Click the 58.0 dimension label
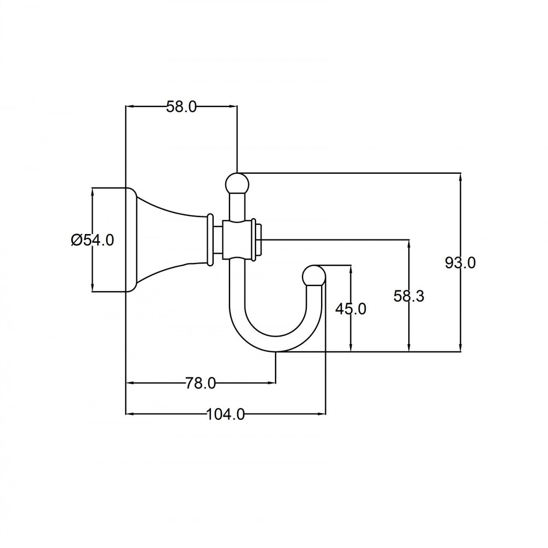[181, 107]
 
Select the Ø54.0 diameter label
[93, 239]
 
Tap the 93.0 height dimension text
[460, 262]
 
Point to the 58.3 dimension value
[409, 296]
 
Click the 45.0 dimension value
[351, 309]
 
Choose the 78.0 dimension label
[201, 383]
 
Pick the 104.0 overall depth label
[225, 414]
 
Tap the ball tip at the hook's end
[315, 275]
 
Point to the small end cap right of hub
[260, 239]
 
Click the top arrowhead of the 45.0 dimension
[351, 269]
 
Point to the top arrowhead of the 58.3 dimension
[409, 243]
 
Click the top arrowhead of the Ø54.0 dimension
[93, 191]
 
